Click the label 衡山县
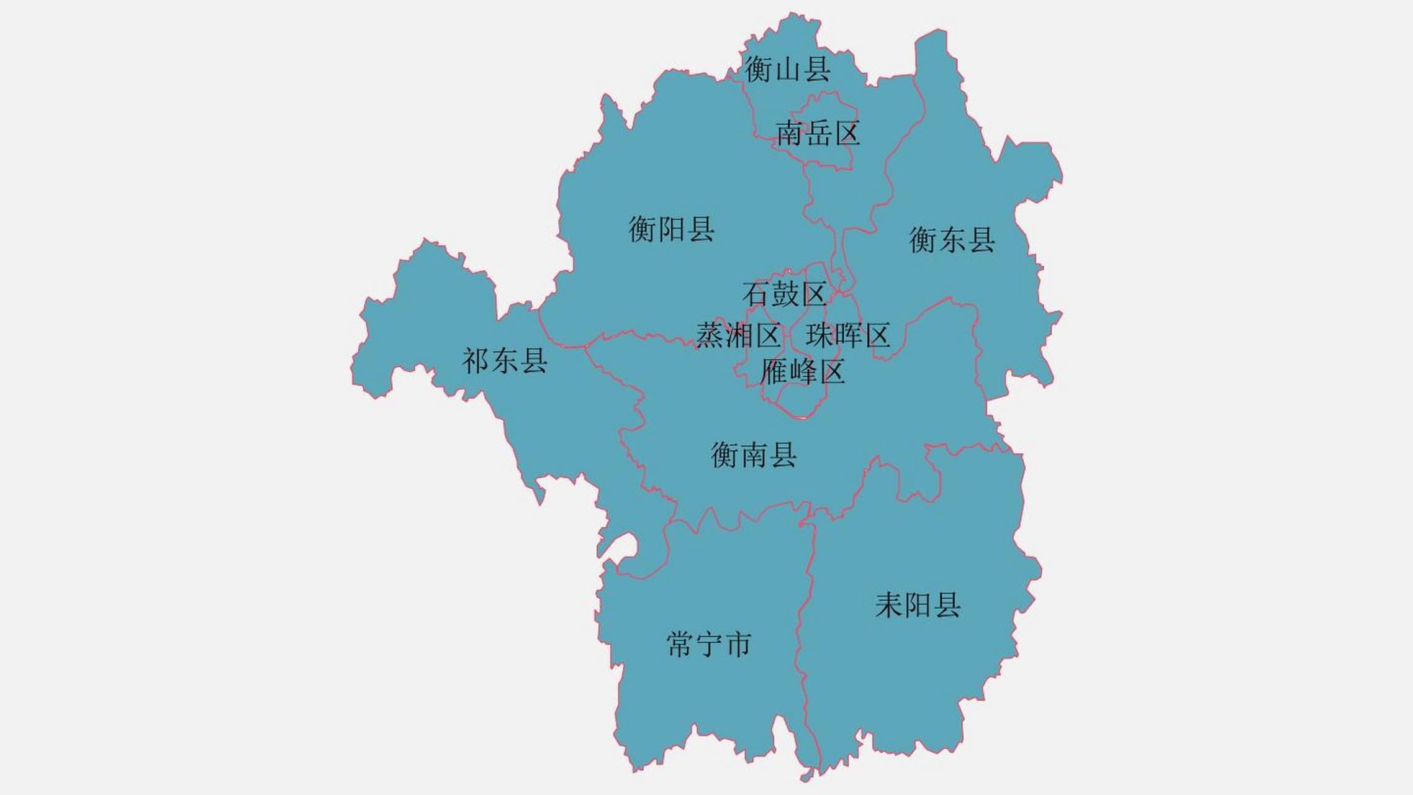coord(788,69)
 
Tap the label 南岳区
coord(818,134)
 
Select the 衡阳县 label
coord(672,229)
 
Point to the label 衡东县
coord(952,240)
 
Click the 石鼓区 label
coord(785,294)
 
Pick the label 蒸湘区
coord(738,336)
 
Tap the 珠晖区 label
coord(848,335)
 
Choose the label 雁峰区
coord(803,372)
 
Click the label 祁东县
coord(505,361)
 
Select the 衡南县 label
coord(754,455)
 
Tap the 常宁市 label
coord(709,645)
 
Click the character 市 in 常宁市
coord(739,645)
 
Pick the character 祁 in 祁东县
coord(476,361)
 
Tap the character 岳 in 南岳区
coord(818,134)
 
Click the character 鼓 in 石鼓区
coord(785,294)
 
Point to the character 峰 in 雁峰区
coord(803,372)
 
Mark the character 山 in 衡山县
coord(788,69)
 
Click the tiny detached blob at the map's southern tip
coord(806,776)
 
